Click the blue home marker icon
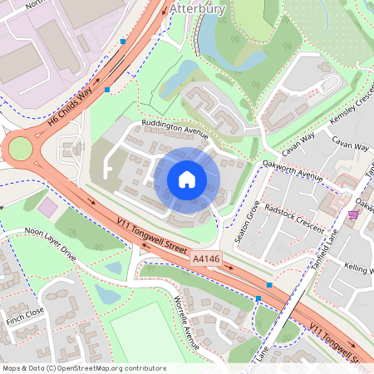pos(187,180)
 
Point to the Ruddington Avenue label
pos(174,130)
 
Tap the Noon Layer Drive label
pos(50,244)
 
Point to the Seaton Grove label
pos(247,221)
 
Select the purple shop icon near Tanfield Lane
pos(354,214)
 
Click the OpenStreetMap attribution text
pos(84,368)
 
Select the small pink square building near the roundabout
pos(48,206)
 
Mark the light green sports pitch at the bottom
pos(154,337)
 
